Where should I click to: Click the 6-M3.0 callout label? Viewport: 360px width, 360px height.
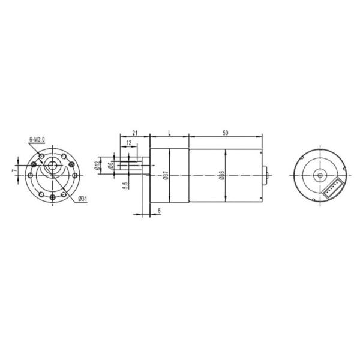[x=37, y=139]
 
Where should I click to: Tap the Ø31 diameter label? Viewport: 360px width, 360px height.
[x=84, y=200]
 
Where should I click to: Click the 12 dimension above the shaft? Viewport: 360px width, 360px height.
[x=130, y=143]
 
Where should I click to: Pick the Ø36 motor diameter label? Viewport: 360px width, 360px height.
[x=221, y=175]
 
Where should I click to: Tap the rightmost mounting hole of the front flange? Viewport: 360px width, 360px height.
[x=74, y=175]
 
